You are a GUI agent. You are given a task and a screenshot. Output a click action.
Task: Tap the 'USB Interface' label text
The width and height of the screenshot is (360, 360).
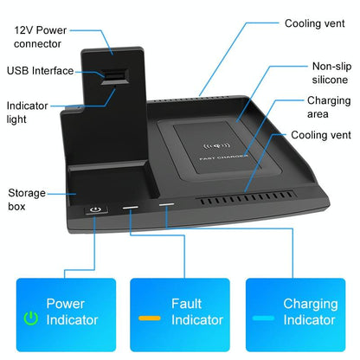[41, 70]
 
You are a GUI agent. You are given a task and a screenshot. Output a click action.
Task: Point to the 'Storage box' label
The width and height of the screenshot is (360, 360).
[27, 199]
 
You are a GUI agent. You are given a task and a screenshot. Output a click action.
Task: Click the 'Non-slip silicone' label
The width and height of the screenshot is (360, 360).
[330, 73]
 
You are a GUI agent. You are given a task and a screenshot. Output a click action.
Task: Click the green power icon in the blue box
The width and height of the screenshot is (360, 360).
[31, 318]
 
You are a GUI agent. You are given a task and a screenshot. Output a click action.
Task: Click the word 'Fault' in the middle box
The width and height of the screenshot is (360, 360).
[188, 304]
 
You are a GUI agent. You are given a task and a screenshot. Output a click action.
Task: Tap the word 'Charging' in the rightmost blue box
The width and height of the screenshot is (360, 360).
[309, 304]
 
